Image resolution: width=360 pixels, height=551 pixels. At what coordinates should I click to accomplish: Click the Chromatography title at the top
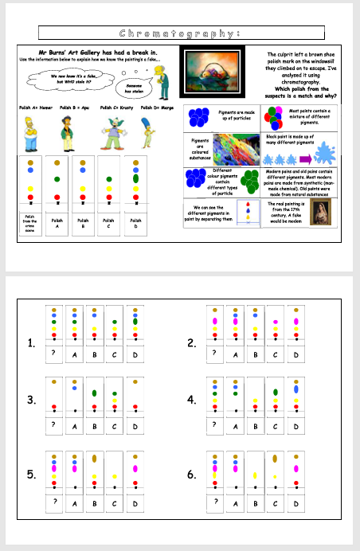click(x=179, y=33)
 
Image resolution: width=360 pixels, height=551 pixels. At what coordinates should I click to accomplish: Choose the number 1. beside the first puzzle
click(x=31, y=344)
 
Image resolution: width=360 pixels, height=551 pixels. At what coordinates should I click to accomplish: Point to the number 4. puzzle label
click(x=191, y=400)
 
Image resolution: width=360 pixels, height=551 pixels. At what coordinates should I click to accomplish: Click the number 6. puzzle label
click(x=191, y=475)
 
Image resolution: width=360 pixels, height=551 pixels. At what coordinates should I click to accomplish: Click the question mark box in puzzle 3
click(x=53, y=425)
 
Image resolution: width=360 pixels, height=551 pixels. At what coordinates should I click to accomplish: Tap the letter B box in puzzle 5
click(x=95, y=502)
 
